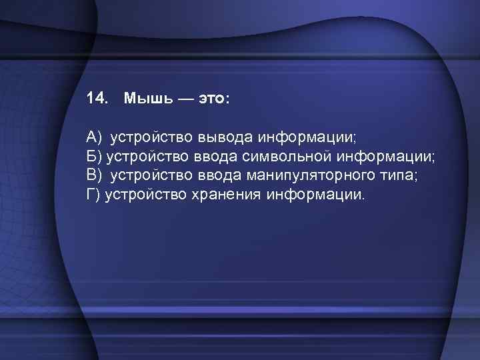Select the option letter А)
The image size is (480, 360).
[x=93, y=137]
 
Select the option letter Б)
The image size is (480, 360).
[x=93, y=157]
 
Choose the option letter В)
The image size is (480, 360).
[x=93, y=176]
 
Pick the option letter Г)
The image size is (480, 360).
[x=93, y=195]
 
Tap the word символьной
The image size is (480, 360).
[x=291, y=157]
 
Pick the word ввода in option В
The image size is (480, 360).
[x=221, y=176]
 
